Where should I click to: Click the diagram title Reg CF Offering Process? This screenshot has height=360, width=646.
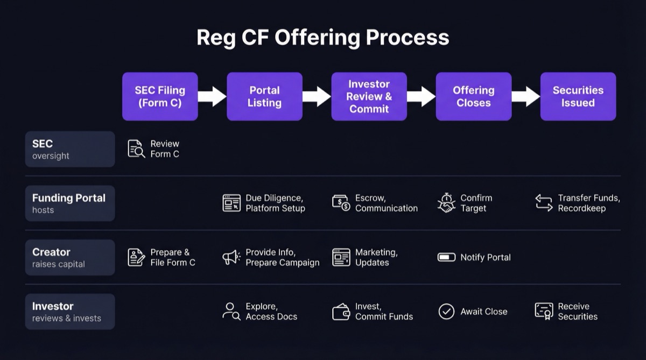pyautogui.click(x=322, y=38)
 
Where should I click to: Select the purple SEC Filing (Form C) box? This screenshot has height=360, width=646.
pyautogui.click(x=160, y=96)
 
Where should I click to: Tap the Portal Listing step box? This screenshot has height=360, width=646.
pyautogui.click(x=264, y=96)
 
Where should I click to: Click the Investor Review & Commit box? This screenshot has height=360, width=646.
pyautogui.click(x=369, y=96)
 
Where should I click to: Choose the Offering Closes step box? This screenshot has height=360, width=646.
pyautogui.click(x=473, y=96)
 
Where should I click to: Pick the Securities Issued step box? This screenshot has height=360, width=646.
pyautogui.click(x=578, y=96)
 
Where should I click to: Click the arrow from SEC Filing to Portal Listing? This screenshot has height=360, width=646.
pyautogui.click(x=212, y=96)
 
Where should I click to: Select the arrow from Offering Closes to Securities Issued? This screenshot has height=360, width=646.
pyautogui.click(x=525, y=96)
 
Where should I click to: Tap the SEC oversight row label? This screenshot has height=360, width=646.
pyautogui.click(x=70, y=149)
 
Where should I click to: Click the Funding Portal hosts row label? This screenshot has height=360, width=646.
pyautogui.click(x=70, y=203)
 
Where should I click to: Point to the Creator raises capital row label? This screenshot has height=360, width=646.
pyautogui.click(x=70, y=257)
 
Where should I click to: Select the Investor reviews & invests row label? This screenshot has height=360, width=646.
pyautogui.click(x=70, y=312)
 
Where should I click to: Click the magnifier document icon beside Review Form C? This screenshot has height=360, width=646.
pyautogui.click(x=136, y=149)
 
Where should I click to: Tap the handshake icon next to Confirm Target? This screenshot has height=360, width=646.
pyautogui.click(x=446, y=203)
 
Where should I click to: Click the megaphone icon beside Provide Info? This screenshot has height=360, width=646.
pyautogui.click(x=231, y=257)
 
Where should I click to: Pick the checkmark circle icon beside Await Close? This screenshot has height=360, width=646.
pyautogui.click(x=446, y=312)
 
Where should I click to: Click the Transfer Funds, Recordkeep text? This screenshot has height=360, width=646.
pyautogui.click(x=588, y=203)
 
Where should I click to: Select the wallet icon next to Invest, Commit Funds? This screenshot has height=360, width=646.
pyautogui.click(x=341, y=312)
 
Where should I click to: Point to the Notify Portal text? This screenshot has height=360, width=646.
pyautogui.click(x=485, y=257)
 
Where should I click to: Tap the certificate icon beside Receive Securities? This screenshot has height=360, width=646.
pyautogui.click(x=544, y=311)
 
